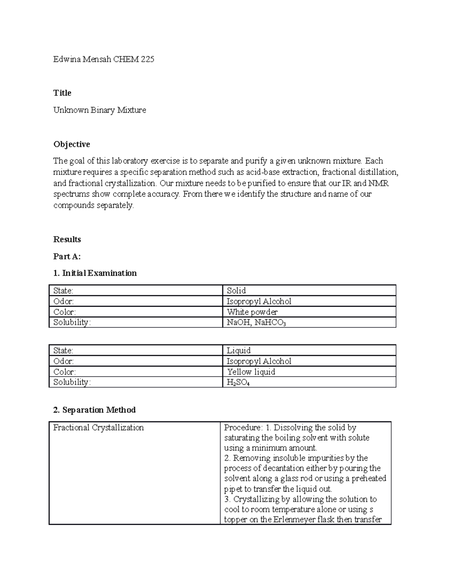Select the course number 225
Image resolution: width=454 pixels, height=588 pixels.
click(x=147, y=59)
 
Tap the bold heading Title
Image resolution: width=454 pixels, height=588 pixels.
click(x=62, y=93)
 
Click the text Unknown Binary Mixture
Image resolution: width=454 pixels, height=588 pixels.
click(x=100, y=110)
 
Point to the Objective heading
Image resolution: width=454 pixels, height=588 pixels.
click(x=72, y=144)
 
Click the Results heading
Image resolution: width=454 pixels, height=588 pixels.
click(x=67, y=239)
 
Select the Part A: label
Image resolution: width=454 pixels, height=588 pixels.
click(x=67, y=256)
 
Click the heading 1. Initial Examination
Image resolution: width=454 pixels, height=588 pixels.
click(x=95, y=273)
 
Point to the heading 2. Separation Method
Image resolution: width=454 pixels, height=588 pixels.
click(x=94, y=410)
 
